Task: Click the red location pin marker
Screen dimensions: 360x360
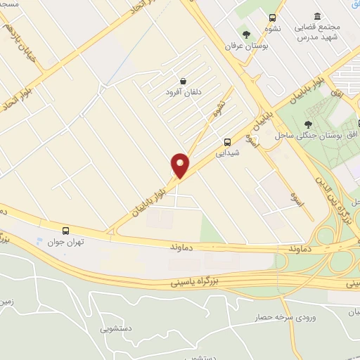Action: [x=180, y=165]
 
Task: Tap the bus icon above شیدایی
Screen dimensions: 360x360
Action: [x=226, y=141]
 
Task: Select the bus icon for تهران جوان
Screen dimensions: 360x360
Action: [x=65, y=230]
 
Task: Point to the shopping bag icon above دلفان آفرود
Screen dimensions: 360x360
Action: [x=183, y=81]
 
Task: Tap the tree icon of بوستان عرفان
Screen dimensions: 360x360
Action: [x=246, y=34]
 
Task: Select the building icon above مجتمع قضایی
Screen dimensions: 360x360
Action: [x=318, y=16]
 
